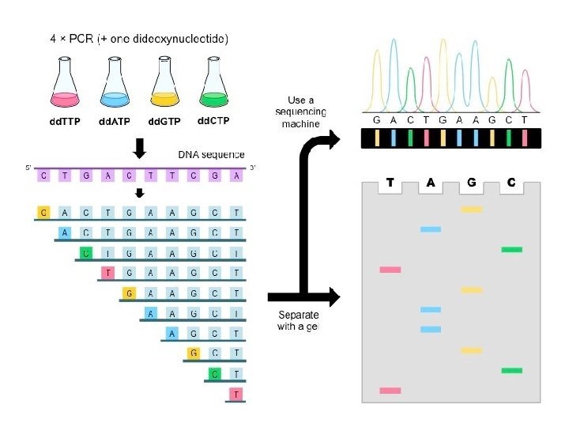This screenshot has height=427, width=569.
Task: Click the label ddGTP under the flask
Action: click(165, 122)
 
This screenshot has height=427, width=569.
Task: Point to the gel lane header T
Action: click(390, 183)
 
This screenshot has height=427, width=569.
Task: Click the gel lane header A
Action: click(431, 183)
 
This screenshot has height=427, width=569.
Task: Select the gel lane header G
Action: click(472, 183)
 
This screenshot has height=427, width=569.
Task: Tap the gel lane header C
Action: click(511, 183)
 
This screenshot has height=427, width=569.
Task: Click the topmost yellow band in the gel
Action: click(472, 210)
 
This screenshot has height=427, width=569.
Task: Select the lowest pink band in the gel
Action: click(390, 391)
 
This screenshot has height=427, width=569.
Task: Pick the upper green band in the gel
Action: click(511, 249)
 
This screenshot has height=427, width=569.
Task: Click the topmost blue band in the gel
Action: click(431, 229)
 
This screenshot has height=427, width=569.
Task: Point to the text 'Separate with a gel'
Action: click(299, 320)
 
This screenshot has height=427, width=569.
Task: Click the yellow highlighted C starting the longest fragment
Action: click(44, 212)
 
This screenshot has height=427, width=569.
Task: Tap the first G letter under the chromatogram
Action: click(377, 120)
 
